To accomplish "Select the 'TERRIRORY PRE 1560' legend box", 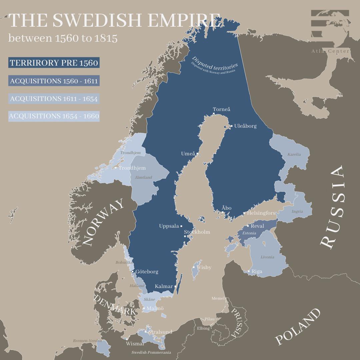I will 54,63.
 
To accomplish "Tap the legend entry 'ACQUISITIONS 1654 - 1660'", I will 54,116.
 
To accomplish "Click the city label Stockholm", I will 197,232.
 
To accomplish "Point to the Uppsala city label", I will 169,226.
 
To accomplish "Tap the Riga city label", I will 257,271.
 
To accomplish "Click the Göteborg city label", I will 147,272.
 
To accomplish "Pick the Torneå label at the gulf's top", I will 222,109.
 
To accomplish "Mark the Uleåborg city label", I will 245,126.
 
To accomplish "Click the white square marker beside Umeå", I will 197,154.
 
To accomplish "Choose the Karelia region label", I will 294,154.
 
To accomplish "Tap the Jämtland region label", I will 143,177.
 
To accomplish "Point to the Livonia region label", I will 267,257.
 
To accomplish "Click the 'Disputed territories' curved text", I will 215,64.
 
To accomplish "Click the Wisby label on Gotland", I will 204,267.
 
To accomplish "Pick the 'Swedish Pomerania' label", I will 151,352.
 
